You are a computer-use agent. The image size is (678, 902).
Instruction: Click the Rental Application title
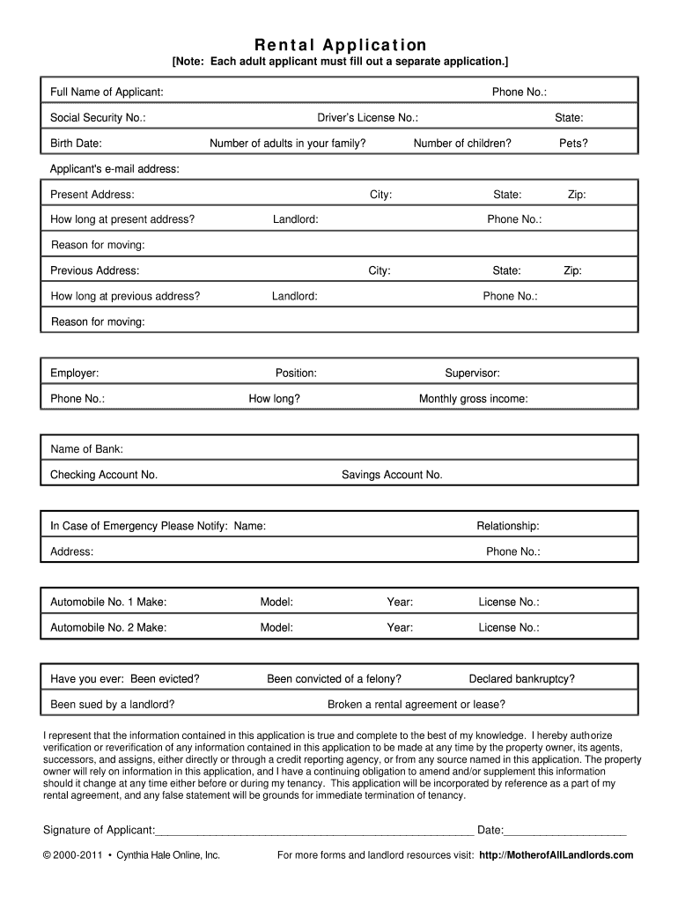[x=340, y=45]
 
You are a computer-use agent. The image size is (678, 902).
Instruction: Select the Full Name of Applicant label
[x=107, y=92]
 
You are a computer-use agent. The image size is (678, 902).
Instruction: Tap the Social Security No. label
[x=98, y=118]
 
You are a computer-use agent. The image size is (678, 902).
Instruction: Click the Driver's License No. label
[x=367, y=118]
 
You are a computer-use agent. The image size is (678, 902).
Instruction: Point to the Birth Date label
[x=76, y=143]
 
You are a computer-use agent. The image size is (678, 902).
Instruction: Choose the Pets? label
[x=573, y=143]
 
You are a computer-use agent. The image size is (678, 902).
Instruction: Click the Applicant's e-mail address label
[x=114, y=168]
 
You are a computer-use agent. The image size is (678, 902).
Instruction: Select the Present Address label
[x=92, y=195]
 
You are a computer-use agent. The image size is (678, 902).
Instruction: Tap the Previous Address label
[x=94, y=271]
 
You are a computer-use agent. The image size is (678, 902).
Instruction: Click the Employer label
[x=75, y=373]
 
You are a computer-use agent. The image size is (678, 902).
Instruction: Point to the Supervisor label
[x=472, y=373]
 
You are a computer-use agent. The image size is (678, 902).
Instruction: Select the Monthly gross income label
[x=474, y=399]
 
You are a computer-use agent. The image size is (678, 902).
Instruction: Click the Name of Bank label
[x=86, y=449]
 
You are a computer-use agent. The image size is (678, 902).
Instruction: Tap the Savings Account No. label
[x=392, y=475]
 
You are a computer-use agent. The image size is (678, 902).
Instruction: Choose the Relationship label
[x=508, y=526]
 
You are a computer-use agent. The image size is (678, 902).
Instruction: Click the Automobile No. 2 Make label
[x=108, y=628]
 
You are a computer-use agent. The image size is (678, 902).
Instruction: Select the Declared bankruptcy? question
[x=522, y=679]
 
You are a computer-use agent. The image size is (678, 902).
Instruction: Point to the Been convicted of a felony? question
[x=335, y=679]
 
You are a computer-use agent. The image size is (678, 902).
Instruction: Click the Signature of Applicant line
[x=314, y=830]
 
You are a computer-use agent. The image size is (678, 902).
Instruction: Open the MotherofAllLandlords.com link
[x=556, y=855]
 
